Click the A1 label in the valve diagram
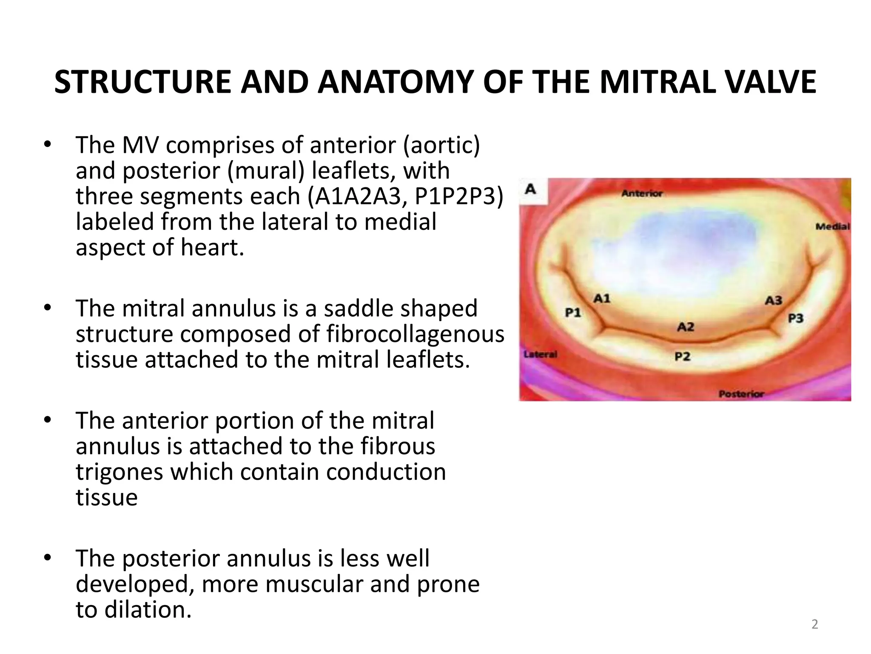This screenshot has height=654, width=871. pyautogui.click(x=602, y=298)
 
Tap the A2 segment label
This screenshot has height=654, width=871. pyautogui.click(x=686, y=327)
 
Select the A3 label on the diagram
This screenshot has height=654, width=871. pyautogui.click(x=774, y=301)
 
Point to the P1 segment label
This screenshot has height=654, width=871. pyautogui.click(x=573, y=313)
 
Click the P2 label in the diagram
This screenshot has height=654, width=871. pyautogui.click(x=683, y=356)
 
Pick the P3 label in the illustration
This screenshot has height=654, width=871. pyautogui.click(x=796, y=318)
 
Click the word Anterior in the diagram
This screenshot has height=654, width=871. pyautogui.click(x=642, y=194)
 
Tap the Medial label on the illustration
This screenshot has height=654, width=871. pyautogui.click(x=832, y=227)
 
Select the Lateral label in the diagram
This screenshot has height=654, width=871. pyautogui.click(x=540, y=354)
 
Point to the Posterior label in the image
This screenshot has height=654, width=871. pyautogui.click(x=741, y=394)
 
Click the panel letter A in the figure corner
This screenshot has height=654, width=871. pyautogui.click(x=530, y=189)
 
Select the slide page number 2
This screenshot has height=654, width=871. pyautogui.click(x=815, y=624)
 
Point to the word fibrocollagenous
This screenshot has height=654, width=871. pyautogui.click(x=415, y=334)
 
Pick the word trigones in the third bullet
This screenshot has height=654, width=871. pyautogui.click(x=119, y=472)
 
